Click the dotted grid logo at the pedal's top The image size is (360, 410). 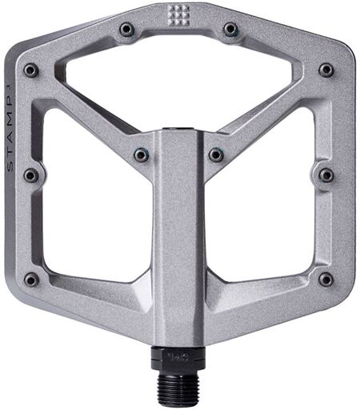click(178, 15)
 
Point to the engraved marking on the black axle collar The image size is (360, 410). click(178, 356)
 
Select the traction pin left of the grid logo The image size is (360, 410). click(126, 29)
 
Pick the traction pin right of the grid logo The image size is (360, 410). click(231, 29)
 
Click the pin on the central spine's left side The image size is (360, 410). click(141, 155)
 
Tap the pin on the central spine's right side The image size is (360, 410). click(216, 155)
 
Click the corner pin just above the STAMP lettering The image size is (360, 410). click(31, 70)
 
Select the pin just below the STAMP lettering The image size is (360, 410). click(31, 175)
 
